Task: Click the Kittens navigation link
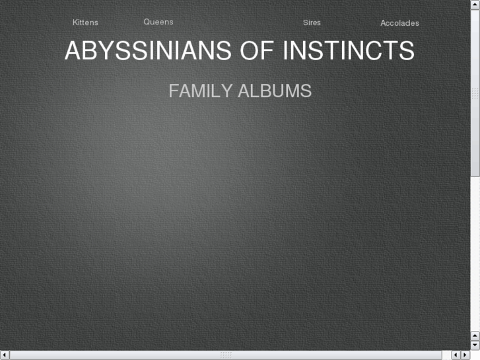[85, 22]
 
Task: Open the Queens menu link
[158, 22]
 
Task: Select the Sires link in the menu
[312, 22]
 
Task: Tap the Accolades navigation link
[399, 23]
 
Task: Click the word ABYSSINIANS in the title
[148, 51]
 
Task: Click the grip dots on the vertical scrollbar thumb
[475, 94]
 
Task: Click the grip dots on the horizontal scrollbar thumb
[226, 355]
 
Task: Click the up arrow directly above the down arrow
[475, 336]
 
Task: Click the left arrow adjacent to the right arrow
[456, 355]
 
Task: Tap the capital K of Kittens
[75, 22]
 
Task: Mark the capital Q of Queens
[147, 22]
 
